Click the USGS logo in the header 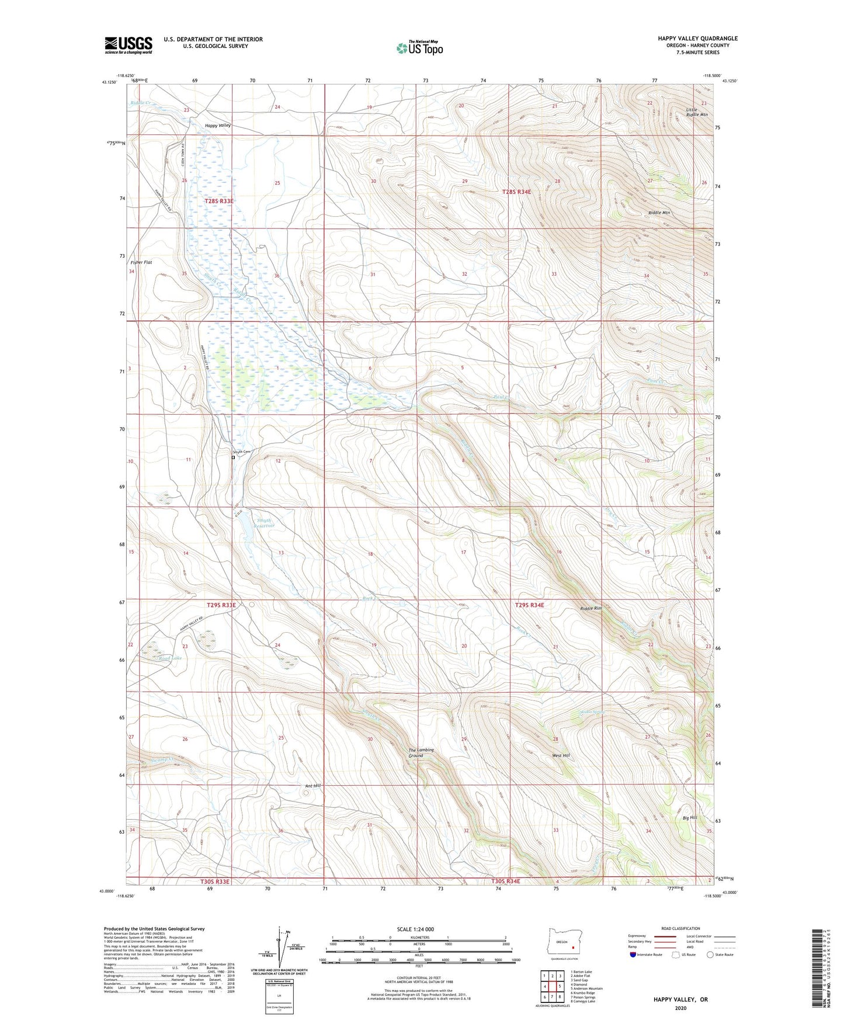[128, 45]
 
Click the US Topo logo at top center [419, 47]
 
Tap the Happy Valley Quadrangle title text [697, 39]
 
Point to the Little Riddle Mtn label [696, 112]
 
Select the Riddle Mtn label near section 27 [659, 213]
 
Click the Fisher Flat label [141, 262]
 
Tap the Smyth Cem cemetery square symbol [233, 457]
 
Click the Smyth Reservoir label [261, 523]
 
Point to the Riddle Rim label [591, 608]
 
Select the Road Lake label [170, 658]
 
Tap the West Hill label [561, 755]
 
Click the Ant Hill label [313, 786]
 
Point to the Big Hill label [689, 817]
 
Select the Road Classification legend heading [680, 928]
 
